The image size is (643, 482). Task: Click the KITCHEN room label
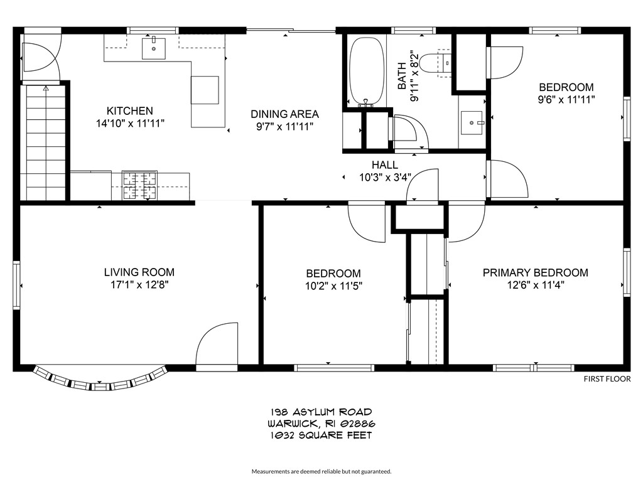click(129, 110)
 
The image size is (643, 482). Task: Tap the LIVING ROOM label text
click(139, 272)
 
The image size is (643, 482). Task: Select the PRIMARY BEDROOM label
click(535, 272)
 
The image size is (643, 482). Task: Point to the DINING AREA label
click(284, 114)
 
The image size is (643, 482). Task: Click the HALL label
click(384, 164)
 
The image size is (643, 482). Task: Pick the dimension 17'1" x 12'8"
click(139, 284)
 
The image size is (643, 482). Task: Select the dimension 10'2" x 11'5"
click(333, 286)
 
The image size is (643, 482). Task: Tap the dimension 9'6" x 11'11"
click(566, 99)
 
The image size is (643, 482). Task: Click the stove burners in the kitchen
click(139, 186)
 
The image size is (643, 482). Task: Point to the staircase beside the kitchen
click(45, 144)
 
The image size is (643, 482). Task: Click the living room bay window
click(100, 378)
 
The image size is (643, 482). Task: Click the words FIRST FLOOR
click(607, 378)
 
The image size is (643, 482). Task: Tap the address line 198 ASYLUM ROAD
click(321, 412)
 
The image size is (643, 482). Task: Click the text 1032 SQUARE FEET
click(321, 435)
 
